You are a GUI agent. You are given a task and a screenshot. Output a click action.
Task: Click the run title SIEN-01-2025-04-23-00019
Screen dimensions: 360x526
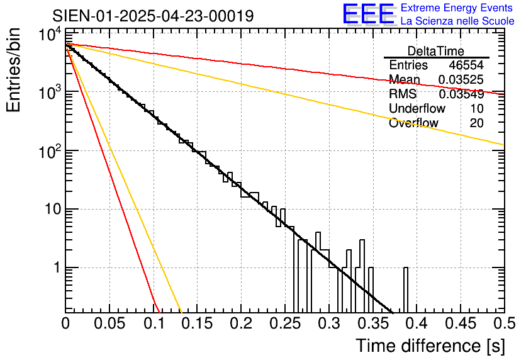click(x=153, y=16)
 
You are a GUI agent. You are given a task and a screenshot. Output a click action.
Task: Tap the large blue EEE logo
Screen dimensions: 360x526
click(x=369, y=15)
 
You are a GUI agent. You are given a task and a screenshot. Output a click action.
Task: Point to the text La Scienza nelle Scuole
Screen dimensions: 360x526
click(x=457, y=21)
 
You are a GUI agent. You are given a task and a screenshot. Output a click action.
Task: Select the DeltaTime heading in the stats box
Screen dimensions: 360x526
click(x=436, y=51)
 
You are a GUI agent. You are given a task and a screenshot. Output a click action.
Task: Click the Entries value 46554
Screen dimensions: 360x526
click(x=466, y=65)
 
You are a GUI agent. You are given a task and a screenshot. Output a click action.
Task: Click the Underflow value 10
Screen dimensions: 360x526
click(x=476, y=108)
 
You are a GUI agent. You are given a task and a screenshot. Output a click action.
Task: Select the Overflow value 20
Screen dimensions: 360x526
click(x=476, y=123)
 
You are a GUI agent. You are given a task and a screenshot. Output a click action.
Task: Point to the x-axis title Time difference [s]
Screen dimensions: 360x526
click(x=429, y=346)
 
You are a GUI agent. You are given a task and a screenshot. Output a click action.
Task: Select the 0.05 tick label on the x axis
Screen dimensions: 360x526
click(x=109, y=323)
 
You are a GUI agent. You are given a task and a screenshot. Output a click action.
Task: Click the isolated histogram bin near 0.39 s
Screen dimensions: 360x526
click(x=406, y=290)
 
